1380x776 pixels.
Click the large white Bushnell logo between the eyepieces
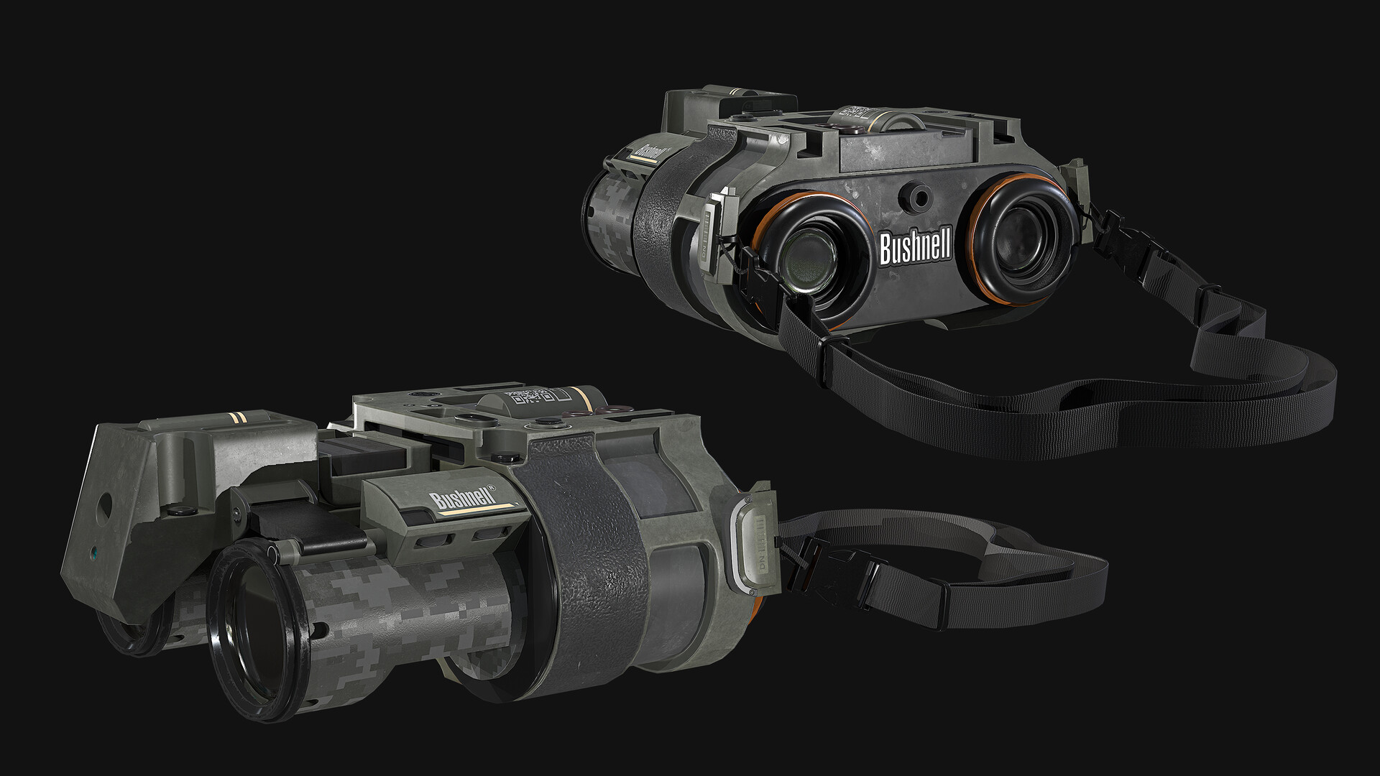916,248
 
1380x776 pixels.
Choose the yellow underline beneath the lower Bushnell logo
478,511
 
